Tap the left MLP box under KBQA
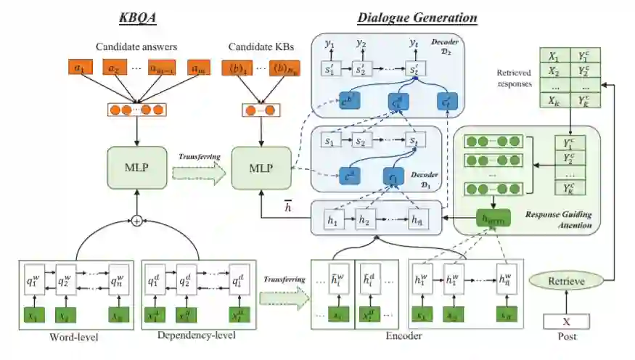[x=136, y=167]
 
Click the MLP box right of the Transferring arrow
[x=261, y=167]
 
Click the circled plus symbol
[x=136, y=221]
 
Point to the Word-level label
[x=75, y=337]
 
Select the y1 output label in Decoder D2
[x=330, y=44]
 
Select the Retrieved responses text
[x=515, y=78]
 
